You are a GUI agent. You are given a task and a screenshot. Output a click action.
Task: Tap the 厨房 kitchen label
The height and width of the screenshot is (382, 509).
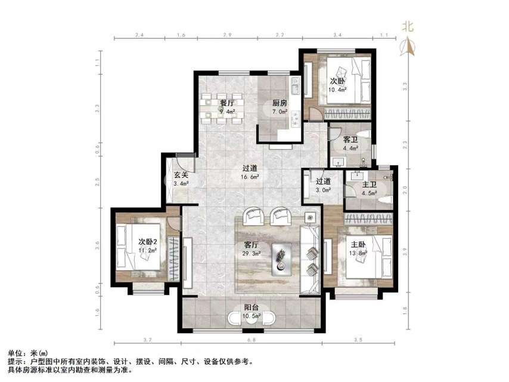pyautogui.click(x=280, y=103)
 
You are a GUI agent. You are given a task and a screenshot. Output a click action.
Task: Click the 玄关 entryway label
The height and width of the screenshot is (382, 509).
pyautogui.click(x=181, y=175)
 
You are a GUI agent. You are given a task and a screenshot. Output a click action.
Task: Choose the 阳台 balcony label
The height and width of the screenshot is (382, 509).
pyautogui.click(x=251, y=308)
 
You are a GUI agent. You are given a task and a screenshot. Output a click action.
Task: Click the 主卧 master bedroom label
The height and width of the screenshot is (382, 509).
pyautogui.click(x=358, y=244)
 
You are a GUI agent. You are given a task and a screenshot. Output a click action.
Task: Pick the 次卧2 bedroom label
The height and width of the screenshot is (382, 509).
pyautogui.click(x=147, y=242)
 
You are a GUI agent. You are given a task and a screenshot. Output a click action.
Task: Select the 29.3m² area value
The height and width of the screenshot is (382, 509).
pyautogui.click(x=251, y=253)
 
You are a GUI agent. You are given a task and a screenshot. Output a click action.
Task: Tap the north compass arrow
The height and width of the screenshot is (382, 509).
pyautogui.click(x=409, y=46)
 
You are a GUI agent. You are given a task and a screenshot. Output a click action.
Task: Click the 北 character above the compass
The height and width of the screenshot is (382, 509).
pyautogui.click(x=408, y=26)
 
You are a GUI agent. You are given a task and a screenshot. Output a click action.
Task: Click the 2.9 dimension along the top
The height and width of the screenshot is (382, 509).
pyautogui.click(x=227, y=36)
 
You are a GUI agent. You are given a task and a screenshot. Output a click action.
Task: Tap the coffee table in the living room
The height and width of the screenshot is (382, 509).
pyautogui.click(x=281, y=258)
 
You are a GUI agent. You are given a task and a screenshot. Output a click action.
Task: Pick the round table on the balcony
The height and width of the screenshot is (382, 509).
pyautogui.click(x=251, y=319)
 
